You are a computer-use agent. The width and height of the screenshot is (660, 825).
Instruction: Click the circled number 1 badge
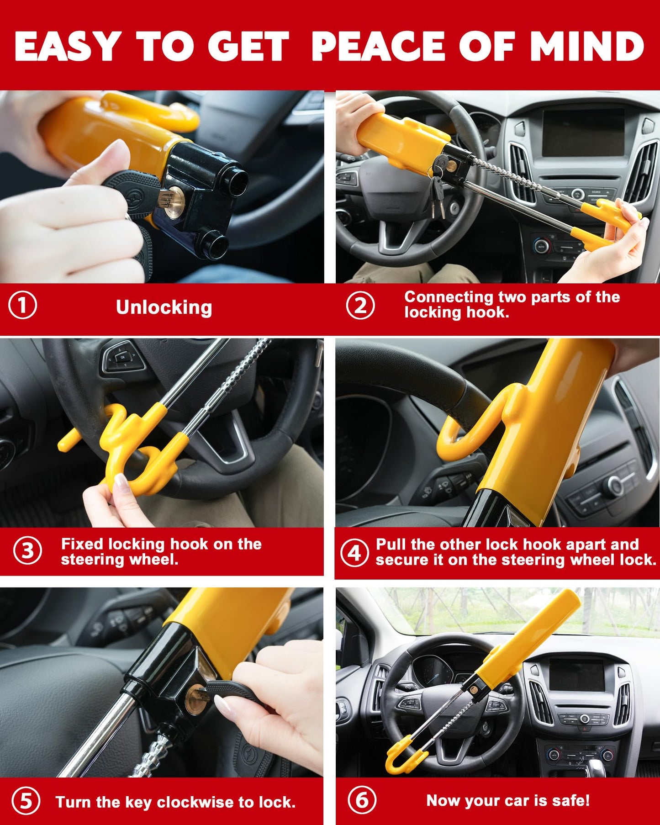point(22,306)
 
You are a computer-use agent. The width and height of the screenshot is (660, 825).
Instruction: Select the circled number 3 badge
point(27,550)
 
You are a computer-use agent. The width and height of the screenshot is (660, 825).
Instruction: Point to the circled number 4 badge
point(354,553)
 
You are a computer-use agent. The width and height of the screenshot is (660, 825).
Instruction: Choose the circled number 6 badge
point(362,800)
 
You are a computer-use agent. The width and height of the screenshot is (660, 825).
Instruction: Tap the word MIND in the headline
point(586,47)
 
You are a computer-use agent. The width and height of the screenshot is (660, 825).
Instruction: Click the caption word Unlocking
point(164,307)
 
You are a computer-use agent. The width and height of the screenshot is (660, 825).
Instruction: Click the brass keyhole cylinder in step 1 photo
point(173,201)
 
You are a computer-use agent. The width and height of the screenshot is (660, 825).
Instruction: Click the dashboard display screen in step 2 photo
point(583,132)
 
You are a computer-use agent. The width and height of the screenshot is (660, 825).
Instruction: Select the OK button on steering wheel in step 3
point(122,358)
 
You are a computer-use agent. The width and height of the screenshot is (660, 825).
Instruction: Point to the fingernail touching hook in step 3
point(120,481)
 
